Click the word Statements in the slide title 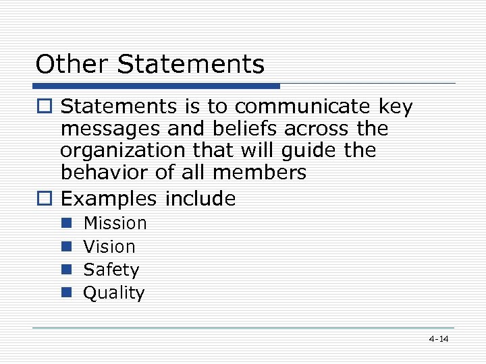[x=191, y=65]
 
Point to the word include [x=201, y=199]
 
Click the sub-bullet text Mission [x=115, y=223]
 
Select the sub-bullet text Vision [x=109, y=247]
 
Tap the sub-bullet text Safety [x=111, y=270]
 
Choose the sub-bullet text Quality [x=113, y=293]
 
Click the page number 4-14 [x=438, y=339]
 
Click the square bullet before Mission [x=66, y=223]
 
